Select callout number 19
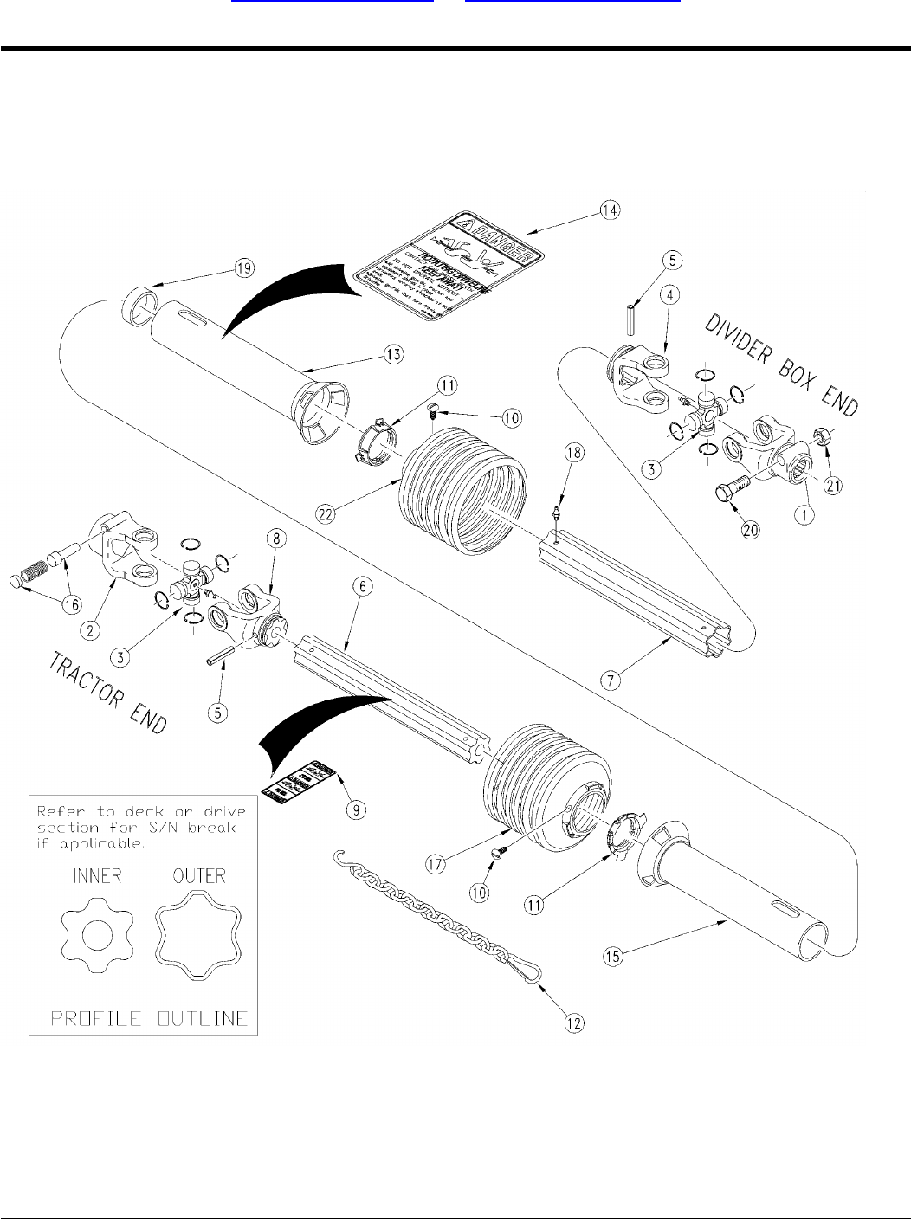[245, 268]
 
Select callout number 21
[833, 487]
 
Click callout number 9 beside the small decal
[355, 809]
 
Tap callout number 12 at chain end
[574, 1022]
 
